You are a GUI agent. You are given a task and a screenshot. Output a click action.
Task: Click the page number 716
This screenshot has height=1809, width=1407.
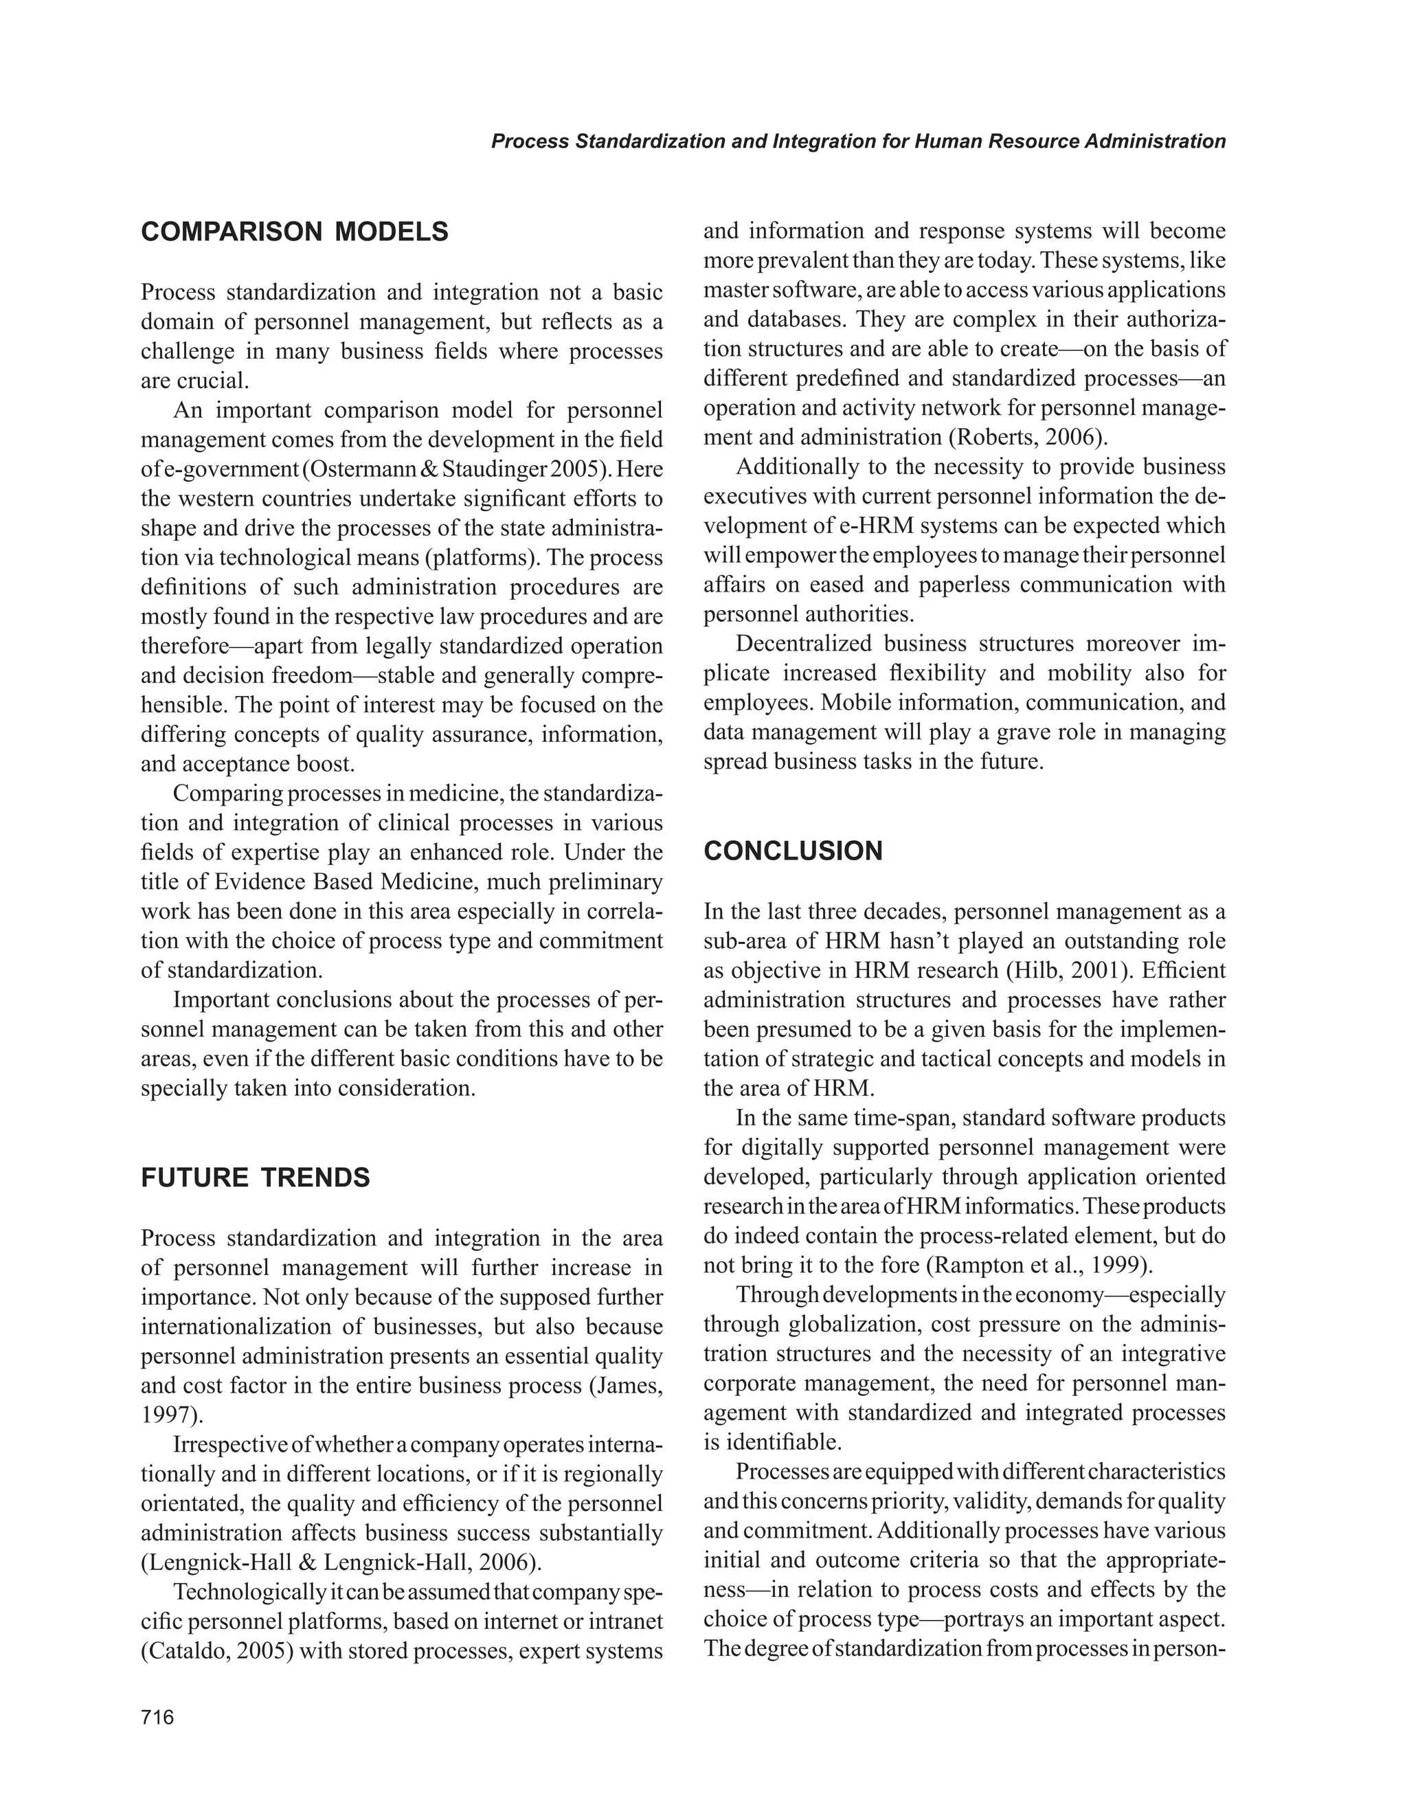pos(157,1717)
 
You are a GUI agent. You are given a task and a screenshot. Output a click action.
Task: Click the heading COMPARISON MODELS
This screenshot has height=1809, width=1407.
pos(295,232)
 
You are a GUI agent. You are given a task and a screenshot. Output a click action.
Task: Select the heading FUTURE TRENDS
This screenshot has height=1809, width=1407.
pos(255,1177)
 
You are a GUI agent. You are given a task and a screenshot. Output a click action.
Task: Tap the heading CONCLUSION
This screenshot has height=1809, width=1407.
pos(793,851)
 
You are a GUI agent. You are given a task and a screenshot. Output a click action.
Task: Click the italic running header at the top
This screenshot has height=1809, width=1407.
pos(858,142)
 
